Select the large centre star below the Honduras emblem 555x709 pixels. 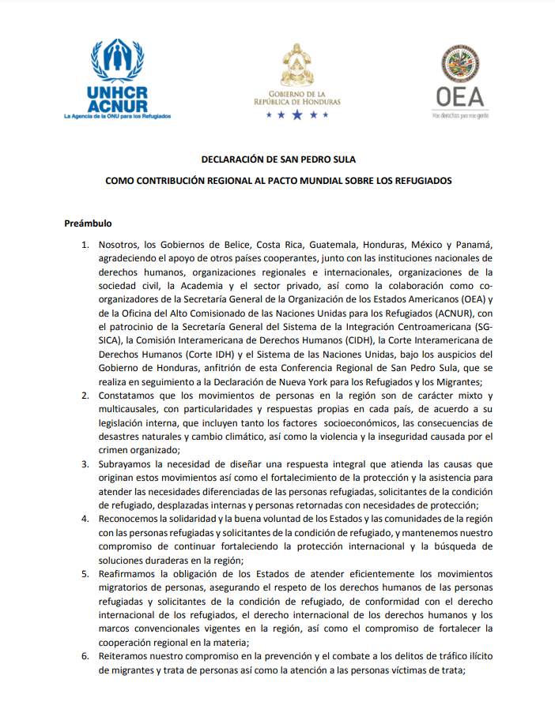pos(296,115)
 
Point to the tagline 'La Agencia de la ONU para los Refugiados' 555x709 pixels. pos(117,116)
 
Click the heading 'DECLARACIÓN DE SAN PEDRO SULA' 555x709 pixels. pos(278,159)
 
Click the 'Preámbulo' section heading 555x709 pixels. pos(88,223)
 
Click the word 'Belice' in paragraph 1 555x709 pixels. pos(224,245)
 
